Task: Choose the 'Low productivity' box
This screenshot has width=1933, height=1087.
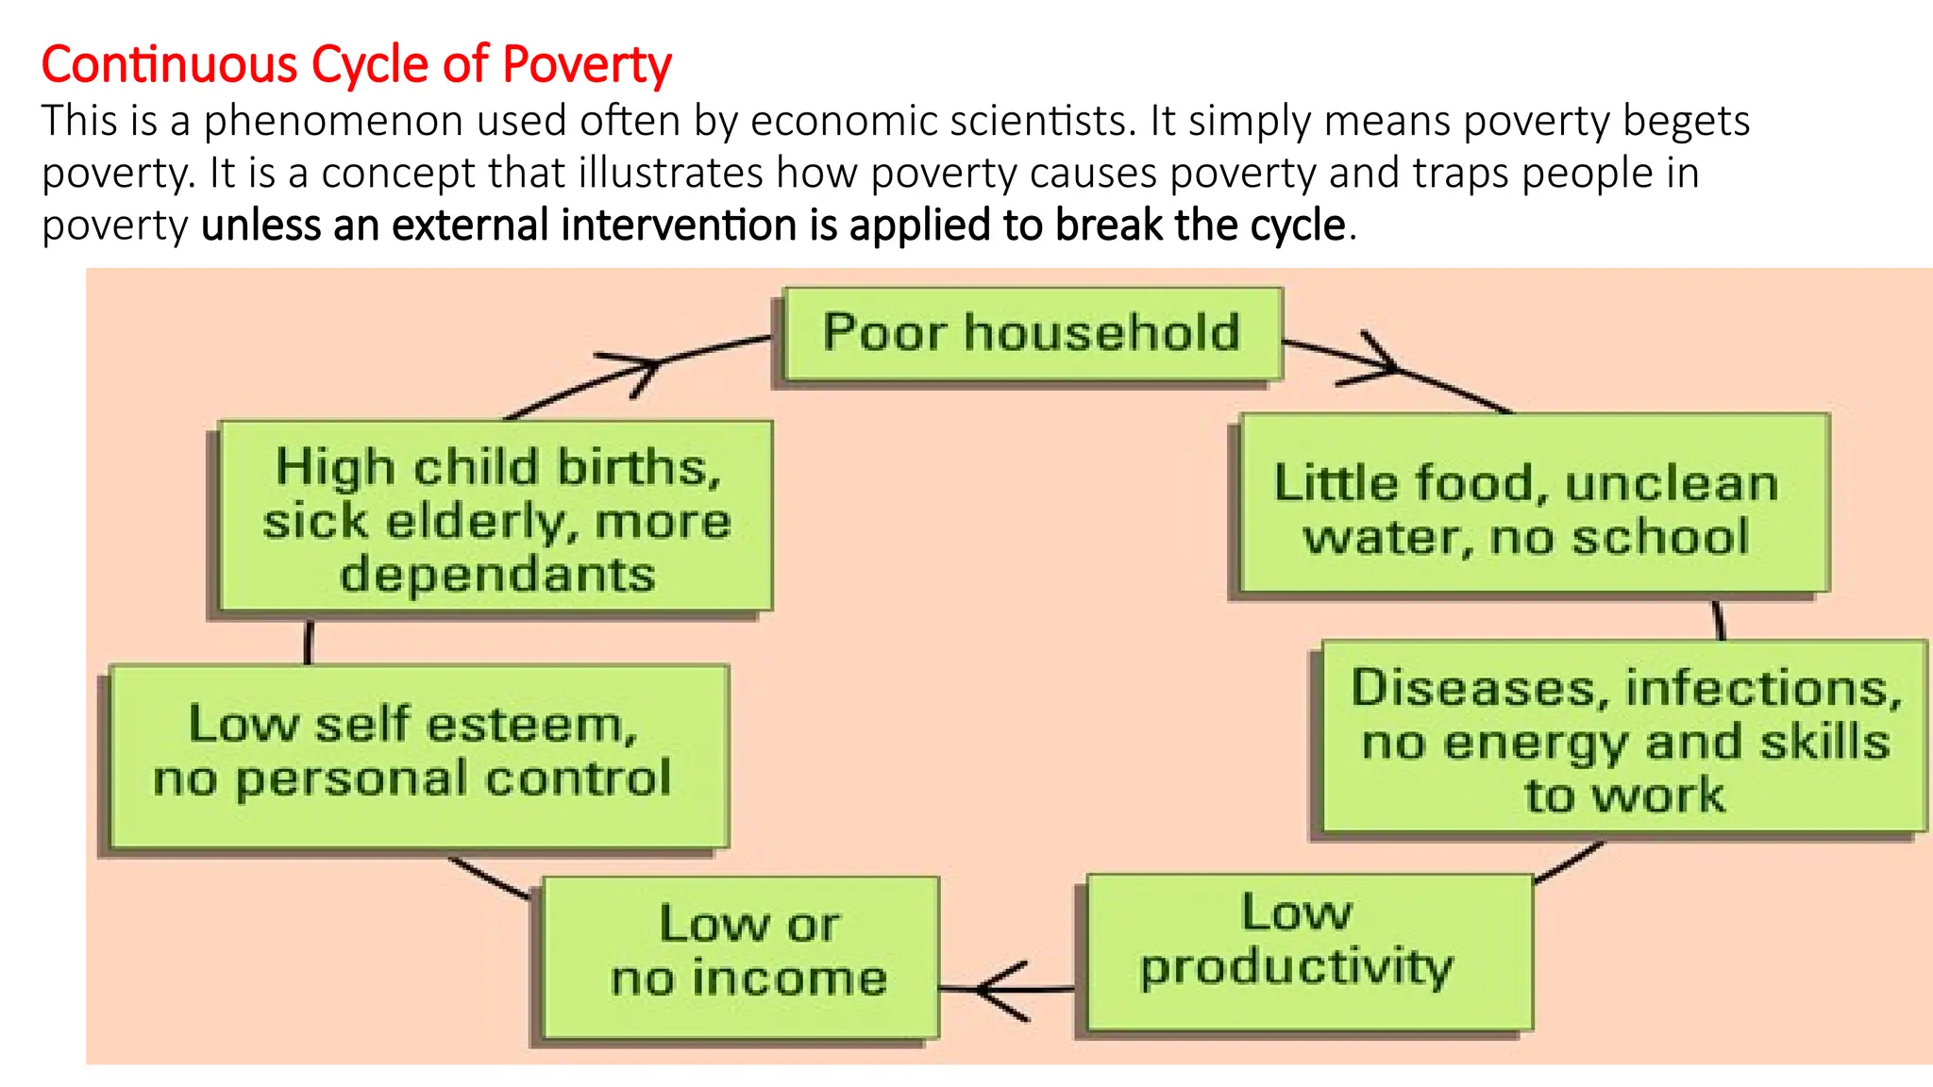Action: [1309, 952]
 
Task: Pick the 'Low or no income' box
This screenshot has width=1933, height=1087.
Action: [741, 957]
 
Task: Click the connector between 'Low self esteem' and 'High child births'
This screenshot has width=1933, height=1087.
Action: [309, 642]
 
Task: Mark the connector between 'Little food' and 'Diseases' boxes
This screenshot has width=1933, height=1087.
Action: [1719, 620]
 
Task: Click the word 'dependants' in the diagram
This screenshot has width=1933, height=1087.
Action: [497, 575]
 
